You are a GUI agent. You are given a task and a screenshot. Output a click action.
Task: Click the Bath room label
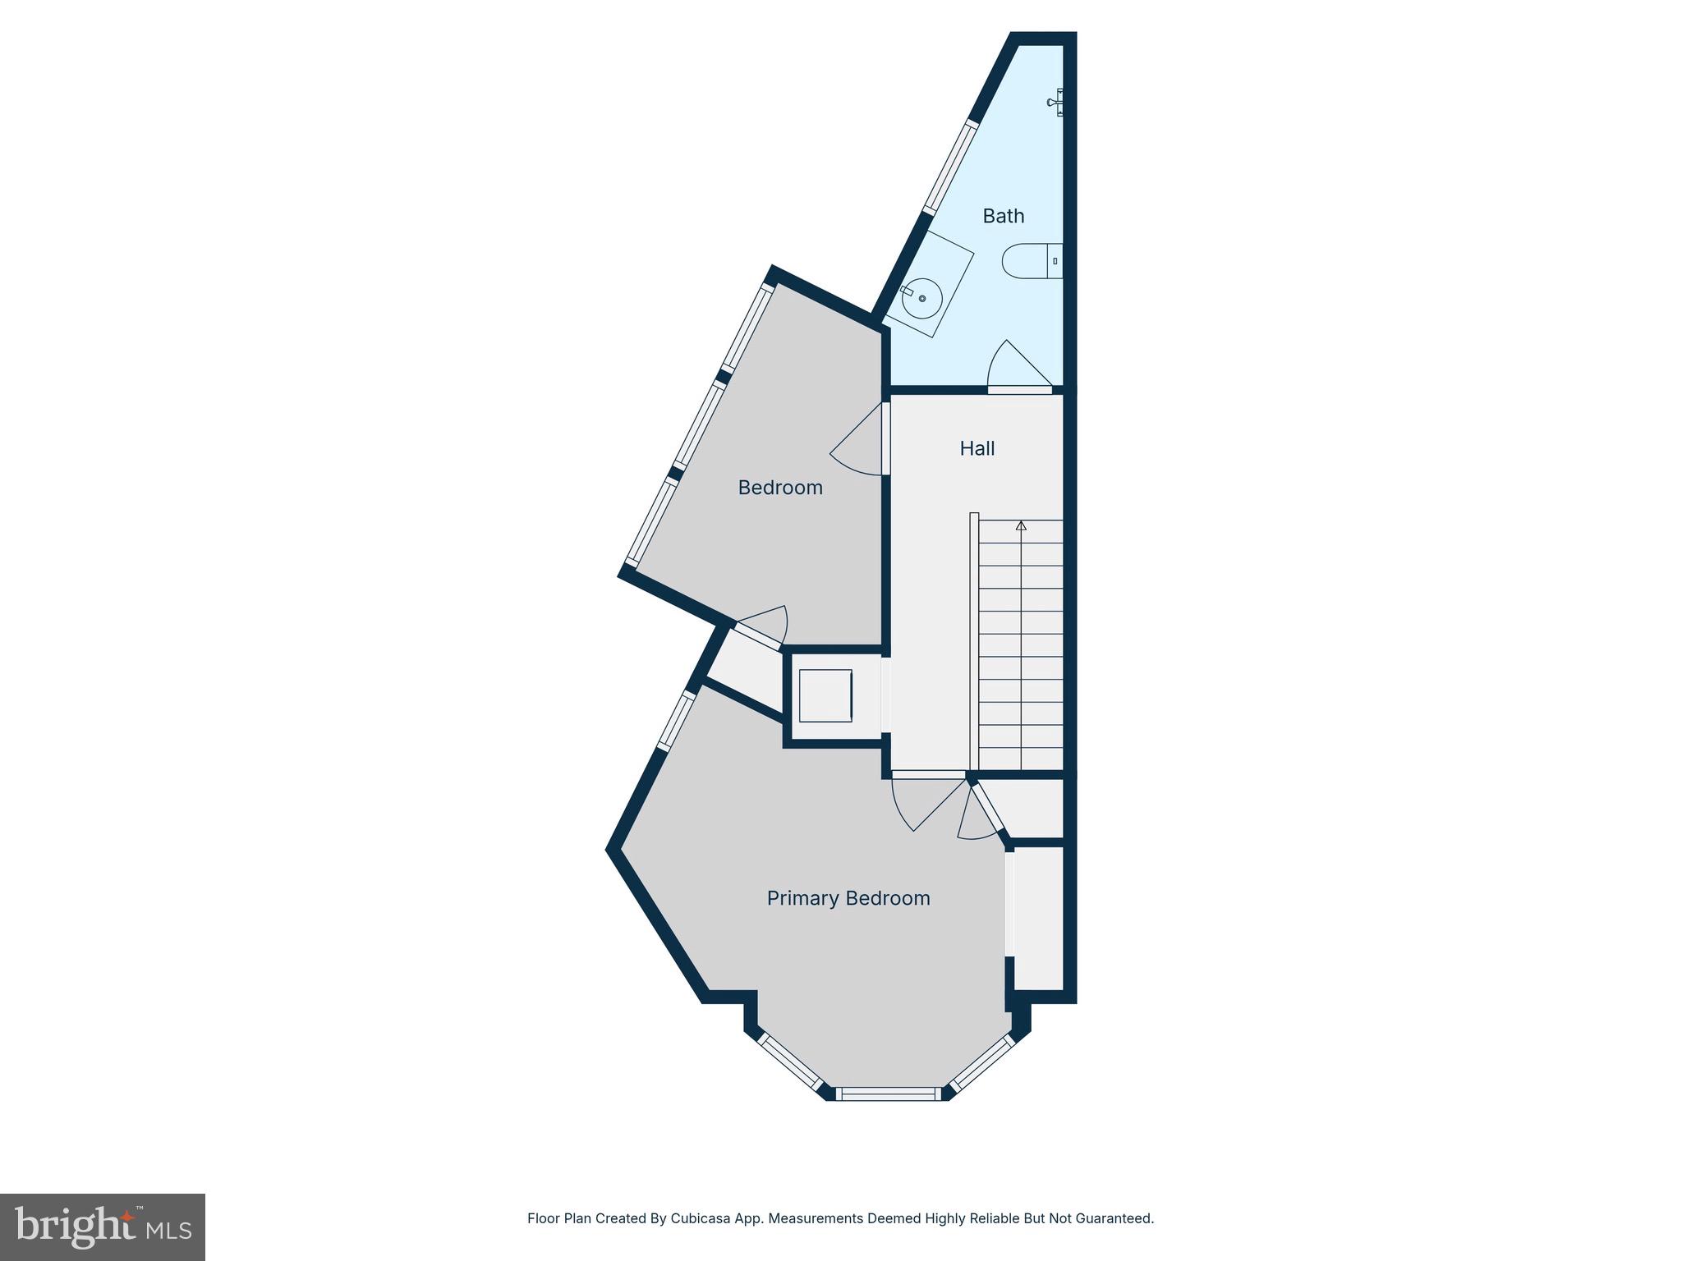click(x=1004, y=216)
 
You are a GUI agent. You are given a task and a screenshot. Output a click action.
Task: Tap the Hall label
click(x=977, y=448)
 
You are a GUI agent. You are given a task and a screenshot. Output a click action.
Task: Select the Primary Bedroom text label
click(x=848, y=898)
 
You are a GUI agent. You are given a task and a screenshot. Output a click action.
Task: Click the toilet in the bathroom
click(x=1032, y=261)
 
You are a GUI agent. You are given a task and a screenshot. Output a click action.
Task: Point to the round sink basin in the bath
click(x=922, y=298)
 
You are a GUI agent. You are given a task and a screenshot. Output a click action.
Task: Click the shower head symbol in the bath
click(x=1056, y=102)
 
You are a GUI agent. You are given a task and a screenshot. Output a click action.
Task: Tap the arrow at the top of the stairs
click(x=1021, y=525)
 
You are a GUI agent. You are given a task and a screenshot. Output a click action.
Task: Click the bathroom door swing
click(x=1017, y=367)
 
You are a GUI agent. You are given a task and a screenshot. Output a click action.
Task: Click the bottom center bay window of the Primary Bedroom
click(x=888, y=1094)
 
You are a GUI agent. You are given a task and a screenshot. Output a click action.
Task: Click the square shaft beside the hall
click(x=825, y=695)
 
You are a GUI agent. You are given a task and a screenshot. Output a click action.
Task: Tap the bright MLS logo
click(x=103, y=1227)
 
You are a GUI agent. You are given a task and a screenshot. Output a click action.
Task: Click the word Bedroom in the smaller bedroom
click(x=780, y=488)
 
